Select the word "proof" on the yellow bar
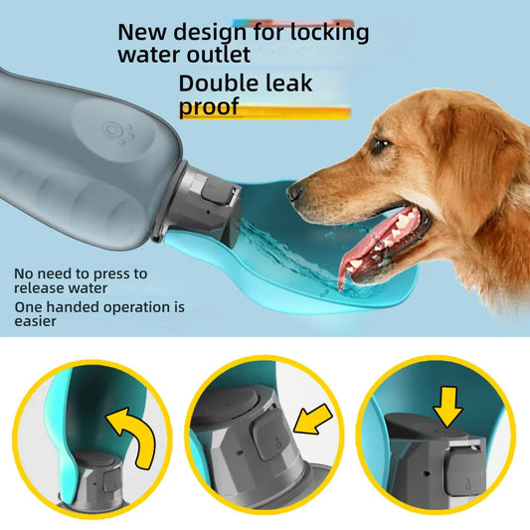209,106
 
